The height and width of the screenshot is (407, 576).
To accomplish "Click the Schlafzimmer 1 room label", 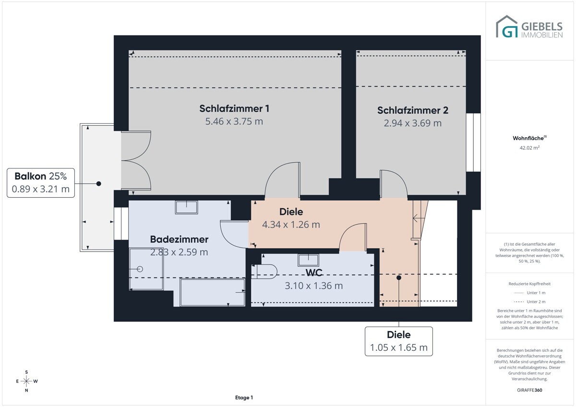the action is pos(234,108).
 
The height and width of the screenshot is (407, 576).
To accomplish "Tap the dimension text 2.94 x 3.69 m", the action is pos(413,123).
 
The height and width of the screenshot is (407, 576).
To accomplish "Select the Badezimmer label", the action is pos(179,239).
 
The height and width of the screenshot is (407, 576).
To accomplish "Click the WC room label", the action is pos(314,273).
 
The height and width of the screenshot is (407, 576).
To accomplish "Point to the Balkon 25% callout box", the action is pos(41,183).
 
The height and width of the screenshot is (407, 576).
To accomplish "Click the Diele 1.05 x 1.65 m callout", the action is pos(399,341).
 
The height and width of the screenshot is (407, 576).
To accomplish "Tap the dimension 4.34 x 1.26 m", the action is pos(291,225).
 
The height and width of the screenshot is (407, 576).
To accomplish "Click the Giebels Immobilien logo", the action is pos(529,27).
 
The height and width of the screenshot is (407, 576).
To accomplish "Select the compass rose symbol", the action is pos(26,381).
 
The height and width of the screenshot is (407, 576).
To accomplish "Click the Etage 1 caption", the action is pos(244,397).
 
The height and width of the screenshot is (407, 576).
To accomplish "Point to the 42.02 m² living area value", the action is pos(529,148).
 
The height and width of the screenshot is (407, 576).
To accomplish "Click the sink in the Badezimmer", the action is pos(186,207).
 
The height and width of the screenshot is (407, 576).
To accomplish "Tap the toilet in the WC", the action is pos(264,272).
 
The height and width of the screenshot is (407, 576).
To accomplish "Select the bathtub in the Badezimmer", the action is pos(212,292).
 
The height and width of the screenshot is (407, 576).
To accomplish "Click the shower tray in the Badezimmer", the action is pos(146,269).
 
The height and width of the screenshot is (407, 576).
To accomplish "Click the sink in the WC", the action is pos(308,260).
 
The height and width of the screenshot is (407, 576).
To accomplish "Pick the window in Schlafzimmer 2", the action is pos(473,143).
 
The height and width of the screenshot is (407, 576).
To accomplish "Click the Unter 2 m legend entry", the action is pos(529,301).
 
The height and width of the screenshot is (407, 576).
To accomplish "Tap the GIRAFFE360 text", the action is pos(529,390).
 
